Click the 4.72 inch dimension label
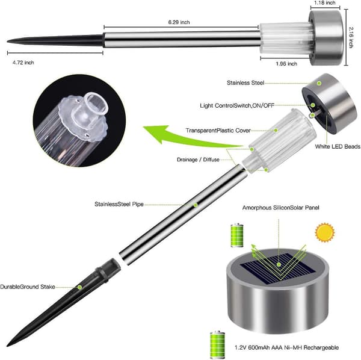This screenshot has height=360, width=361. tap(23, 63)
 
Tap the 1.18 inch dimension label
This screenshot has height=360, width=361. tap(325, 3)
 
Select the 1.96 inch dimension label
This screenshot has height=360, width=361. tap(286, 64)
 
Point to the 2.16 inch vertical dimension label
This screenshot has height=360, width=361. tap(351, 37)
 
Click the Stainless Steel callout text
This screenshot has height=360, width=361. tap(245, 82)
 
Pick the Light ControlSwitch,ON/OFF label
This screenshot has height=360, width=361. tap(237, 106)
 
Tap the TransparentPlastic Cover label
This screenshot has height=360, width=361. tap(218, 131)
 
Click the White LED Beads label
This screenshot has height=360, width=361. tap(338, 146)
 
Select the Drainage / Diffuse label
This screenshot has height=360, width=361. tap(198, 160)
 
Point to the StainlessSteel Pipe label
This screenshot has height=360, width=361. tap(119, 204)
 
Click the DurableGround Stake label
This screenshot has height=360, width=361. tap(28, 287)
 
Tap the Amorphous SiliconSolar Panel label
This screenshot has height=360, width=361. tap(280, 208)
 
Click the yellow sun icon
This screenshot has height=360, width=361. tap(325, 232)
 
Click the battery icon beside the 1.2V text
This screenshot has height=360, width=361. tap(217, 344)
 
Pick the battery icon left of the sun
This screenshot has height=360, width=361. tap(237, 235)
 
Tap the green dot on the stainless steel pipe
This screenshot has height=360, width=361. tap(196, 205)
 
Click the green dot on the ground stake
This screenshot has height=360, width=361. tap(79, 287)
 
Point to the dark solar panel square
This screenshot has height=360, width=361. tap(279, 267)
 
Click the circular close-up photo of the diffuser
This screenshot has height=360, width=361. tap(79, 120)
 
